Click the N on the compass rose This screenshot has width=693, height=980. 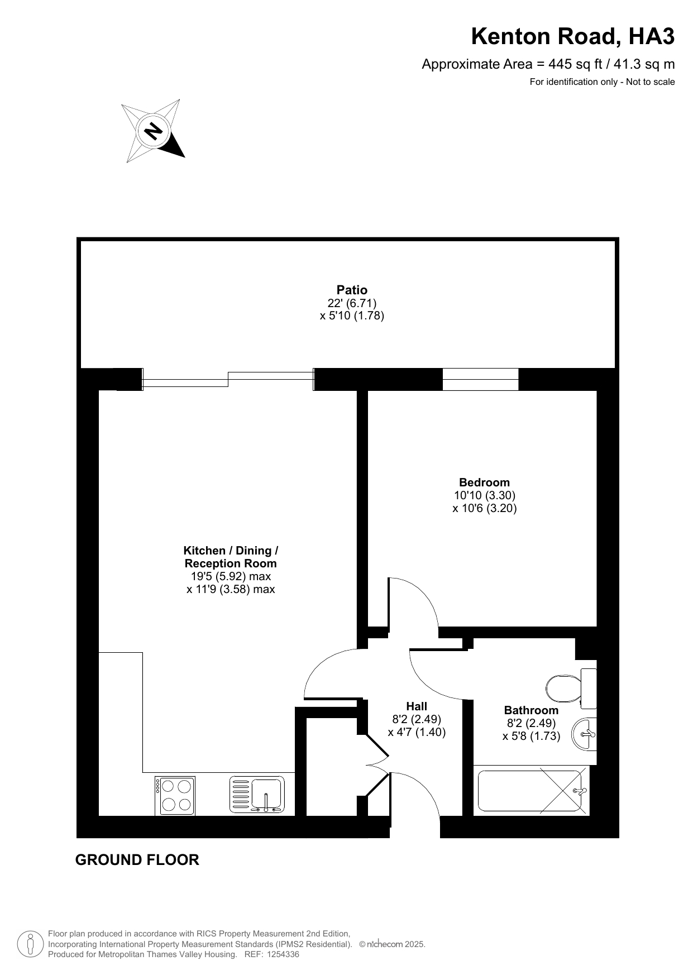(x=153, y=132)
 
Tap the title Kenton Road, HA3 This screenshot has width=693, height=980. (x=573, y=36)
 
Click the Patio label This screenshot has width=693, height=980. (x=352, y=290)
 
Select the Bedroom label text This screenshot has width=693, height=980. (x=484, y=482)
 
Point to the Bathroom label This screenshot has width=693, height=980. (x=531, y=710)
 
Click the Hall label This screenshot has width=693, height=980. (x=417, y=706)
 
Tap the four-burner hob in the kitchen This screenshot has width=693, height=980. (x=175, y=795)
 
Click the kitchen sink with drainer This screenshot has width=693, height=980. (x=257, y=795)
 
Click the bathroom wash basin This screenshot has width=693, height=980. (x=584, y=734)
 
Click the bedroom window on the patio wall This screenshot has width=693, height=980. (x=480, y=380)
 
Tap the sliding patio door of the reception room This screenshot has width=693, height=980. (x=228, y=380)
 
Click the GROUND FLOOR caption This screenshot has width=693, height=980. (x=137, y=860)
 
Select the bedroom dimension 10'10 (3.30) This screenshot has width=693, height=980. (x=484, y=495)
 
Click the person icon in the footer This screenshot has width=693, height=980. (x=31, y=944)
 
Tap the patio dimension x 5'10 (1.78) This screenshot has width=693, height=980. (x=352, y=315)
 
